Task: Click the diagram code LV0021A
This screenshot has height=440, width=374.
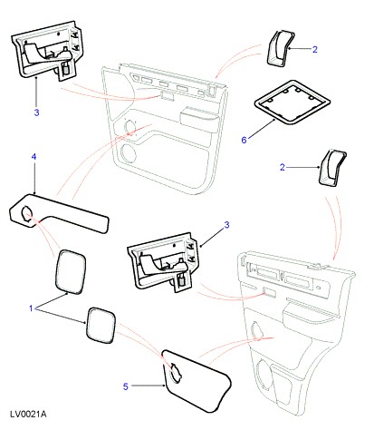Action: pyautogui.click(x=28, y=414)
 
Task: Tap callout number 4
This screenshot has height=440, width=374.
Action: pyautogui.click(x=34, y=157)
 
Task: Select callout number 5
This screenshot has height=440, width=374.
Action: pyautogui.click(x=126, y=386)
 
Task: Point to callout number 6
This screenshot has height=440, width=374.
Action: pyautogui.click(x=244, y=140)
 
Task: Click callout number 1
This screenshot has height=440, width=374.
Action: pyautogui.click(x=31, y=308)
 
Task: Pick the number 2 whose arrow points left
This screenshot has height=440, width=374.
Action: pyautogui.click(x=315, y=49)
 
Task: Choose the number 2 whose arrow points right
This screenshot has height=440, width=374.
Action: pyautogui.click(x=283, y=167)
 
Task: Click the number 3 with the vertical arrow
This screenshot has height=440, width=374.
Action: pyautogui.click(x=36, y=112)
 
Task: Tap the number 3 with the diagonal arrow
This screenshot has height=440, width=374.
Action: pyautogui.click(x=226, y=225)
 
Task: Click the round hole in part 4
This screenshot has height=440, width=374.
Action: pyautogui.click(x=26, y=214)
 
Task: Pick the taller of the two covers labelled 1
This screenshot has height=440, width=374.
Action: pyautogui.click(x=71, y=271)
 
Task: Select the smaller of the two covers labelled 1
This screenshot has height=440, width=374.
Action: pyautogui.click(x=101, y=326)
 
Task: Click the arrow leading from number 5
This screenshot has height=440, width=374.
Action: pyautogui.click(x=149, y=386)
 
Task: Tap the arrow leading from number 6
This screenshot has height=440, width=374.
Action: pyautogui.click(x=262, y=129)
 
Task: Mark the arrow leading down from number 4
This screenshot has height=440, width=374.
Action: pyautogui.click(x=34, y=179)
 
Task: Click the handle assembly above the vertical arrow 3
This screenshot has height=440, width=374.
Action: pyautogui.click(x=47, y=50)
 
